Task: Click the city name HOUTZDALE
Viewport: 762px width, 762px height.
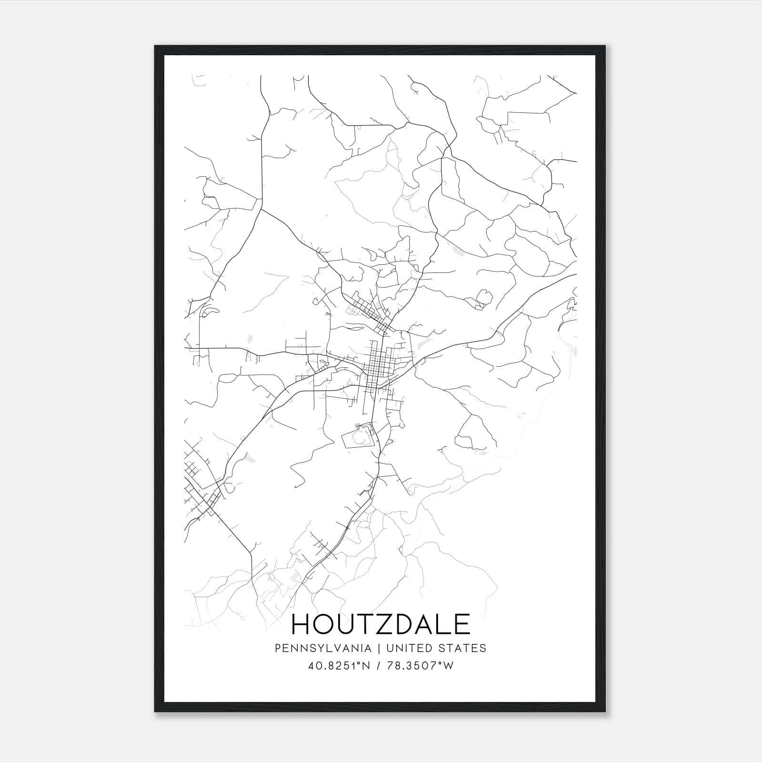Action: click(x=381, y=624)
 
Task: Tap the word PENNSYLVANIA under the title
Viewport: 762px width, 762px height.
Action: click(x=323, y=648)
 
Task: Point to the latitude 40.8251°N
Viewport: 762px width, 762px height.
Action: click(x=339, y=666)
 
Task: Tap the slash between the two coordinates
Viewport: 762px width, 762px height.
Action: click(x=379, y=666)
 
